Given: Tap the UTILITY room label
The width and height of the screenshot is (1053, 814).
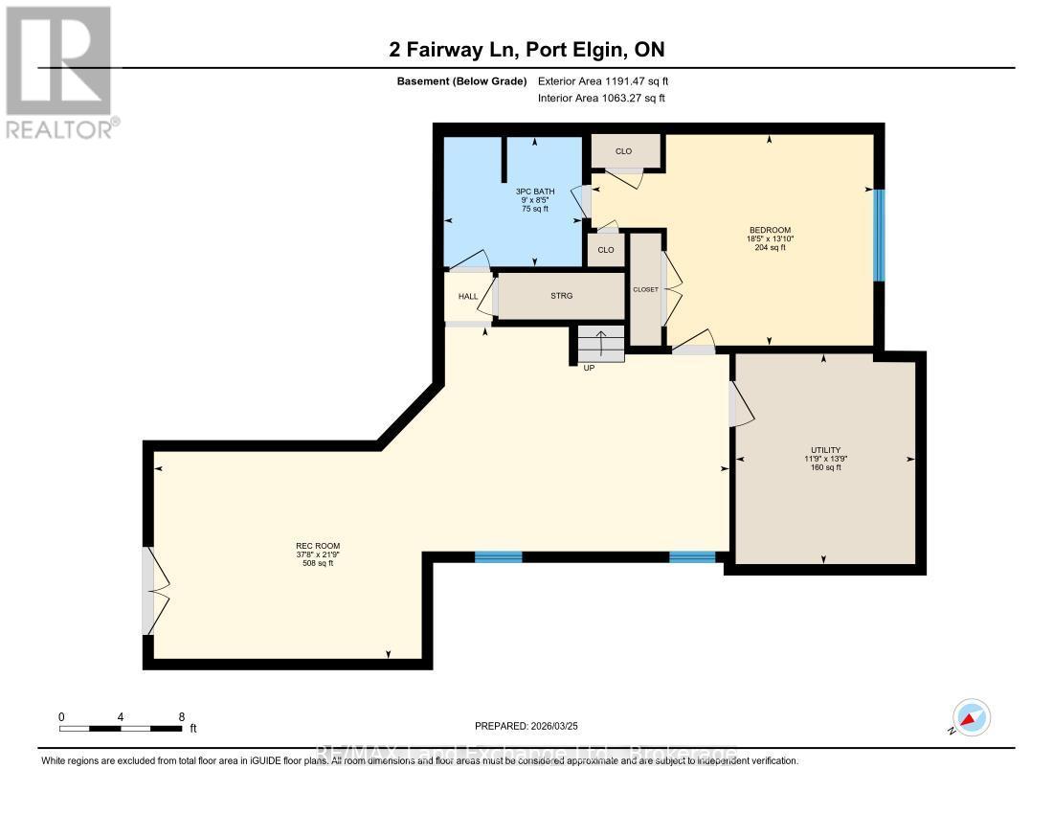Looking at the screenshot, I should click(x=825, y=450).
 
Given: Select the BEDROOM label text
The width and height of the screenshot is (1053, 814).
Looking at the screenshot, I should click(x=770, y=230).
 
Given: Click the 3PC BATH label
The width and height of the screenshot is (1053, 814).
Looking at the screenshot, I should click(x=534, y=192).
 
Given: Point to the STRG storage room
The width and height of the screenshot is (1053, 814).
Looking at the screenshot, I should click(x=561, y=296).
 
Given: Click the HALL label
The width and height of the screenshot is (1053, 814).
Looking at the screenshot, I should click(x=468, y=297).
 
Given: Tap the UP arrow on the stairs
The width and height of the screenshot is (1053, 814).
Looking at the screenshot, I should click(x=600, y=343).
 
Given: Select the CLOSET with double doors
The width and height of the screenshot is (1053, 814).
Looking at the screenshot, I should click(x=645, y=289).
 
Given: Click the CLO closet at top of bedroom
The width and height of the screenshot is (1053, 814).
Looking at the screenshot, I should click(x=624, y=151).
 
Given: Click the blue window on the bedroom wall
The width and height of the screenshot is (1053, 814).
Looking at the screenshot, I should click(x=878, y=236).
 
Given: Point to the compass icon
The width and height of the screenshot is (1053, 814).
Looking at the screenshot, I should click(x=971, y=718).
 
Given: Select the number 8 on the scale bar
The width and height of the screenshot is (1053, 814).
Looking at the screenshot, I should click(x=181, y=716).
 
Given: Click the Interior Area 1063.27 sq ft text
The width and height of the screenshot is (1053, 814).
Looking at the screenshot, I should click(x=602, y=98).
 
